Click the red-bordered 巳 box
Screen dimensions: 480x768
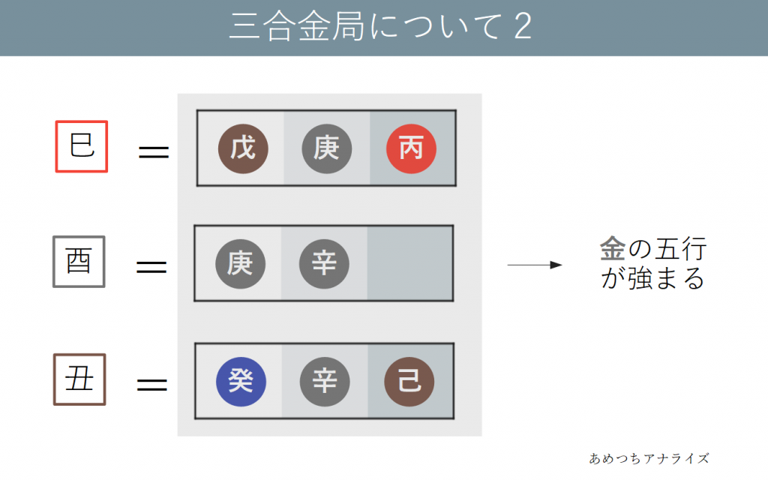click(82, 145)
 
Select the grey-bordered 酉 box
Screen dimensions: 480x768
click(78, 261)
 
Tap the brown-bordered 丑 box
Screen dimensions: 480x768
click(79, 379)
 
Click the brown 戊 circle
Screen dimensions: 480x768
click(242, 148)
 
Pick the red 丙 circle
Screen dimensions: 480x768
click(410, 148)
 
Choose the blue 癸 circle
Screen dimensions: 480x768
click(241, 381)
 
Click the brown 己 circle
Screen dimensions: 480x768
click(409, 381)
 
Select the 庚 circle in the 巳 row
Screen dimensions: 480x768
click(326, 148)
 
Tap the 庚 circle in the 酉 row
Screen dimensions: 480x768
click(239, 264)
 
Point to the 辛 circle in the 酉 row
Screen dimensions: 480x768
click(324, 264)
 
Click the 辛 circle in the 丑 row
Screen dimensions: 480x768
click(324, 381)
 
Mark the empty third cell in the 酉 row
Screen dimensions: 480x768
click(409, 264)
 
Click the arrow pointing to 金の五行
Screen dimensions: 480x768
click(535, 265)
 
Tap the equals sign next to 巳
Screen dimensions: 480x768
click(154, 152)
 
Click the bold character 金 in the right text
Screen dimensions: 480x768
click(611, 250)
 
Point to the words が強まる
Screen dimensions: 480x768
click(652, 279)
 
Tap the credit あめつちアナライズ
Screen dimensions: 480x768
click(649, 457)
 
